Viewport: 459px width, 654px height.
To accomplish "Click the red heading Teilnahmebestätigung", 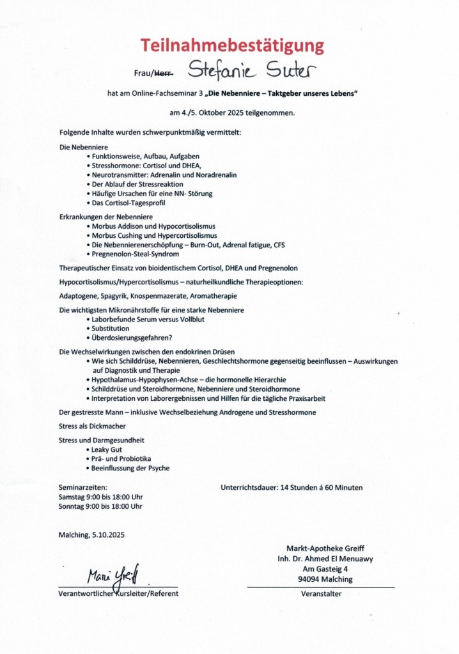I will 233,45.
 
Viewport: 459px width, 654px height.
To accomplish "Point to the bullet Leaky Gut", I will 107,449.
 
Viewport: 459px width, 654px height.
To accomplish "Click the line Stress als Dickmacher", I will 92,425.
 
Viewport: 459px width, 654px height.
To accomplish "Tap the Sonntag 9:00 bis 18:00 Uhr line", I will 100,506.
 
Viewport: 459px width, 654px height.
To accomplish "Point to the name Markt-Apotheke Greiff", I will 320,549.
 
